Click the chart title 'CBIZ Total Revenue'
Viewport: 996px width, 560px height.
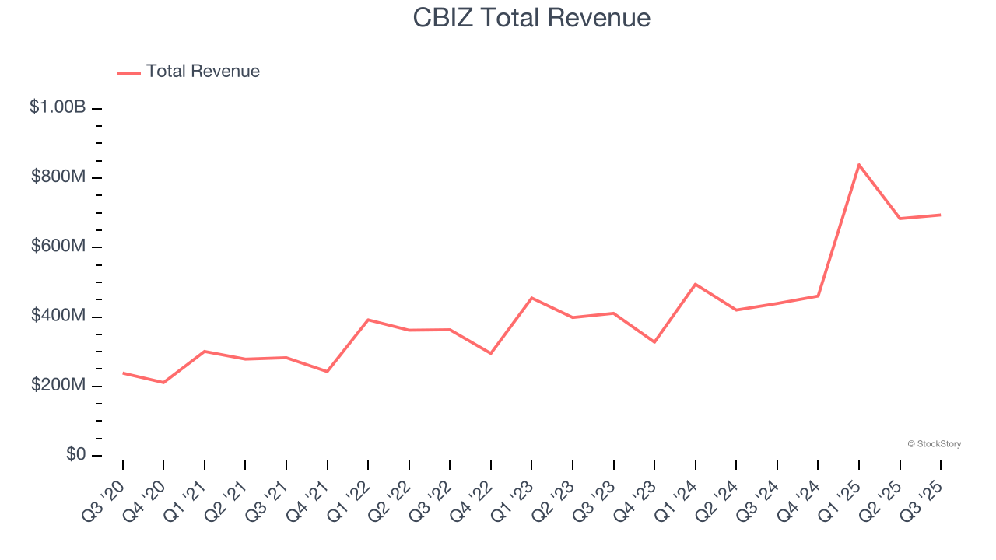[x=531, y=18]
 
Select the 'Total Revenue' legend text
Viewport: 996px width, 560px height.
[x=202, y=72]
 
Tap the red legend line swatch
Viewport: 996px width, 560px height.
[x=128, y=72]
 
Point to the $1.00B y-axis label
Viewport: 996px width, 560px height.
[x=58, y=107]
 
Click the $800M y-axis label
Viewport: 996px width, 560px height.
[x=58, y=177]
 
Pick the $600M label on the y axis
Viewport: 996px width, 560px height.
[x=58, y=247]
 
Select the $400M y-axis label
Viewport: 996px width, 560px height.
[x=58, y=316]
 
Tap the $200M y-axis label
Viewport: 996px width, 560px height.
[x=58, y=386]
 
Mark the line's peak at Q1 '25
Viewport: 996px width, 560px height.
[x=859, y=164]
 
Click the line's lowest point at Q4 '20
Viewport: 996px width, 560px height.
[x=163, y=383]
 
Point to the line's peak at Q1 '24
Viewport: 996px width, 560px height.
[x=695, y=284]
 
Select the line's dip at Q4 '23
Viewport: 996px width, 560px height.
[x=654, y=342]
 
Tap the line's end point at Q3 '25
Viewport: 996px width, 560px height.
[x=941, y=215]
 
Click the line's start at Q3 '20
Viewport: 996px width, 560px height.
[x=123, y=373]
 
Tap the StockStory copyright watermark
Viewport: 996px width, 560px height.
[x=934, y=444]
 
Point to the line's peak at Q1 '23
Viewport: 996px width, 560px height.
[x=531, y=298]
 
